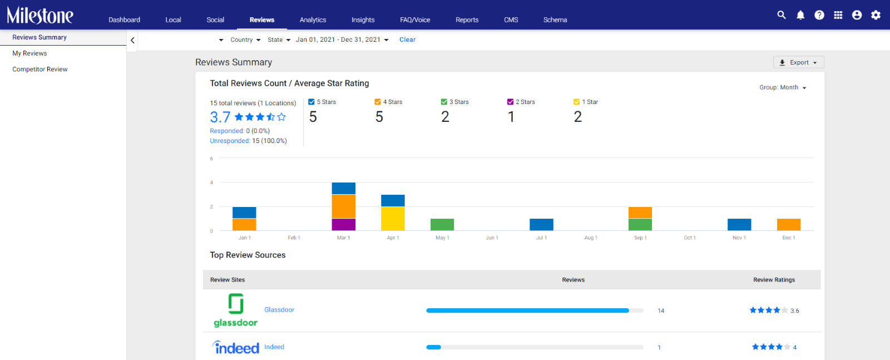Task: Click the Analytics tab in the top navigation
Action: [x=313, y=20]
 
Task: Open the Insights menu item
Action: [x=363, y=20]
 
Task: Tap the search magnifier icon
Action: [x=781, y=15]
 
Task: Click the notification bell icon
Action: [x=800, y=15]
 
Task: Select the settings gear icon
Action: [x=876, y=15]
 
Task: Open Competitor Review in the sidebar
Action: [x=39, y=69]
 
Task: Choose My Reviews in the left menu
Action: [x=29, y=53]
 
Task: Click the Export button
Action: [x=799, y=62]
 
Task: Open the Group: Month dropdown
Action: [x=783, y=87]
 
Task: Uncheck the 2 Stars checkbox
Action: [x=510, y=102]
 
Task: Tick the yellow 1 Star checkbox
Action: [x=576, y=102]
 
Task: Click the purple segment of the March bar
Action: [x=344, y=224]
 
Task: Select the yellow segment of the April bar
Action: [x=393, y=219]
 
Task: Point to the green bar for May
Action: [x=442, y=224]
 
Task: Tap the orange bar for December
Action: [x=789, y=224]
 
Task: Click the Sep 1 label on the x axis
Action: [x=640, y=238]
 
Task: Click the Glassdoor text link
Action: [x=279, y=310]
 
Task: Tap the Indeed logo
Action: [x=236, y=347]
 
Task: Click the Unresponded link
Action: [x=230, y=141]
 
